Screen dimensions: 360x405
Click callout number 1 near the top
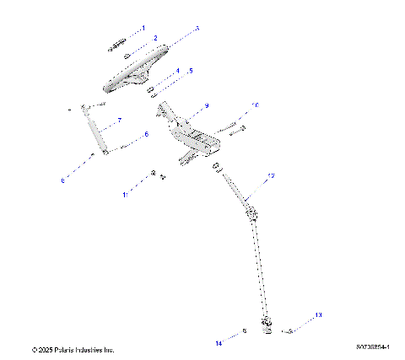coord(143,28)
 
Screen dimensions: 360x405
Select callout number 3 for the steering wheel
coord(197,28)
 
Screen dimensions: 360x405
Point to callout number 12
coord(271,176)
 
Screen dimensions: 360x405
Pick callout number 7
coord(120,120)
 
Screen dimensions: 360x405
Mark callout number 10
coord(256,105)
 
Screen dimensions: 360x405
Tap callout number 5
coord(191,71)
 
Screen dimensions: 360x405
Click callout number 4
coord(177,71)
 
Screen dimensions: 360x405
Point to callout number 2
coord(155,38)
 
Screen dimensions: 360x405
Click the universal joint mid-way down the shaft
coord(251,212)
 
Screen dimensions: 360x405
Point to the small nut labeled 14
coord(244,331)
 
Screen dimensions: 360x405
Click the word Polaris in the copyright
coord(64,349)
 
